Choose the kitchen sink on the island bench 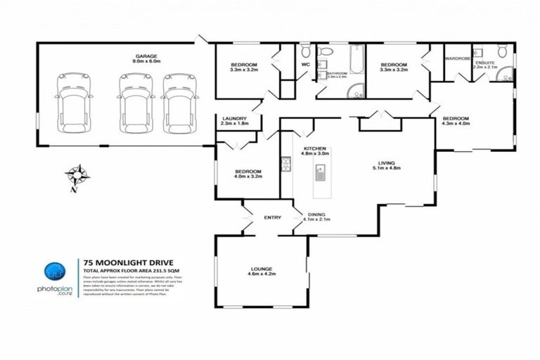[x=320, y=171]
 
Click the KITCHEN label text [x=314, y=148]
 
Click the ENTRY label [x=272, y=217]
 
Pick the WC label [x=305, y=65]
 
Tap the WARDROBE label [x=456, y=58]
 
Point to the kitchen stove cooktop [x=285, y=165]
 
